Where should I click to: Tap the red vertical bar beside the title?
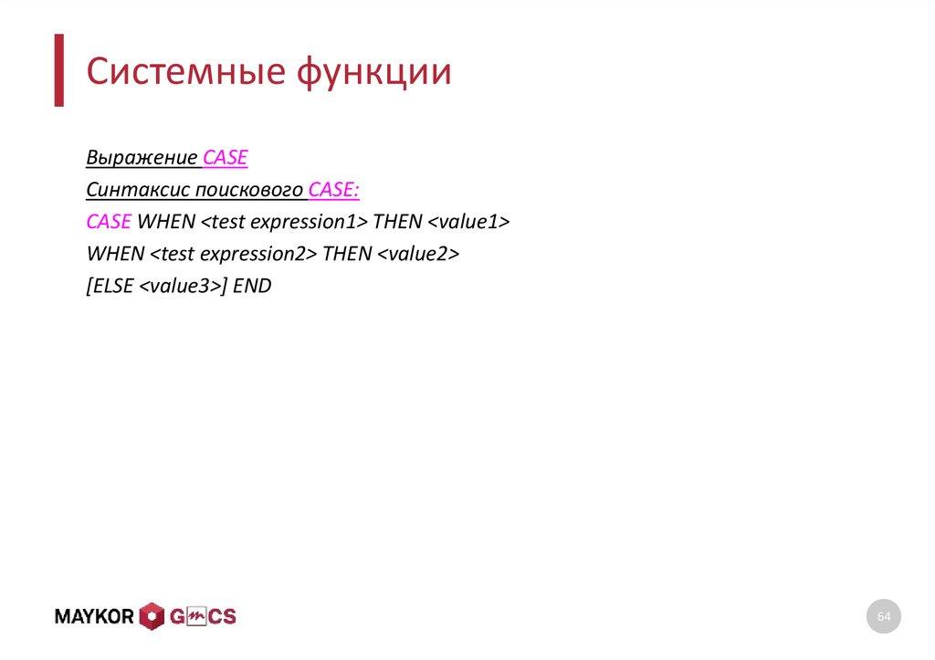coord(58,70)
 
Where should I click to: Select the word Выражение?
coord(142,158)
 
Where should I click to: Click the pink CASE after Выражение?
coord(225,158)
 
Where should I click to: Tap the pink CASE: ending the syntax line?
coord(334,190)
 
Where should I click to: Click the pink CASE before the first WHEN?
coord(109,222)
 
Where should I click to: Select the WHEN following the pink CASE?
coord(165,222)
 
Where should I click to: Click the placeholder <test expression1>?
coord(283,222)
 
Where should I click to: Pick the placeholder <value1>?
coord(467,222)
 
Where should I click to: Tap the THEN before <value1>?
coord(397,222)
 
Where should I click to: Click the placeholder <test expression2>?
coord(233,254)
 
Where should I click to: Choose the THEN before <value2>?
coord(347,254)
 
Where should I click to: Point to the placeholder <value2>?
coord(417,254)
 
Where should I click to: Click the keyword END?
coord(252,286)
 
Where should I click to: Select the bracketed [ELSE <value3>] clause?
coord(156,286)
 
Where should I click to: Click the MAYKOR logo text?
coord(95,617)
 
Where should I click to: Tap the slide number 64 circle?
coord(883,617)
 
